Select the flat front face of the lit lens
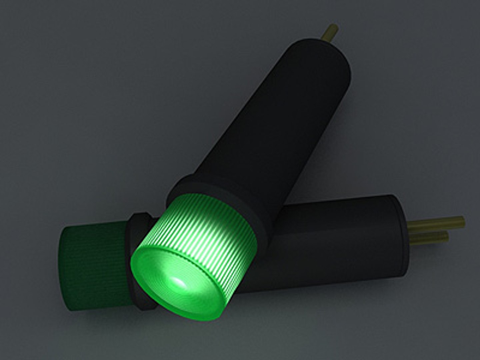coord(173,277)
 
